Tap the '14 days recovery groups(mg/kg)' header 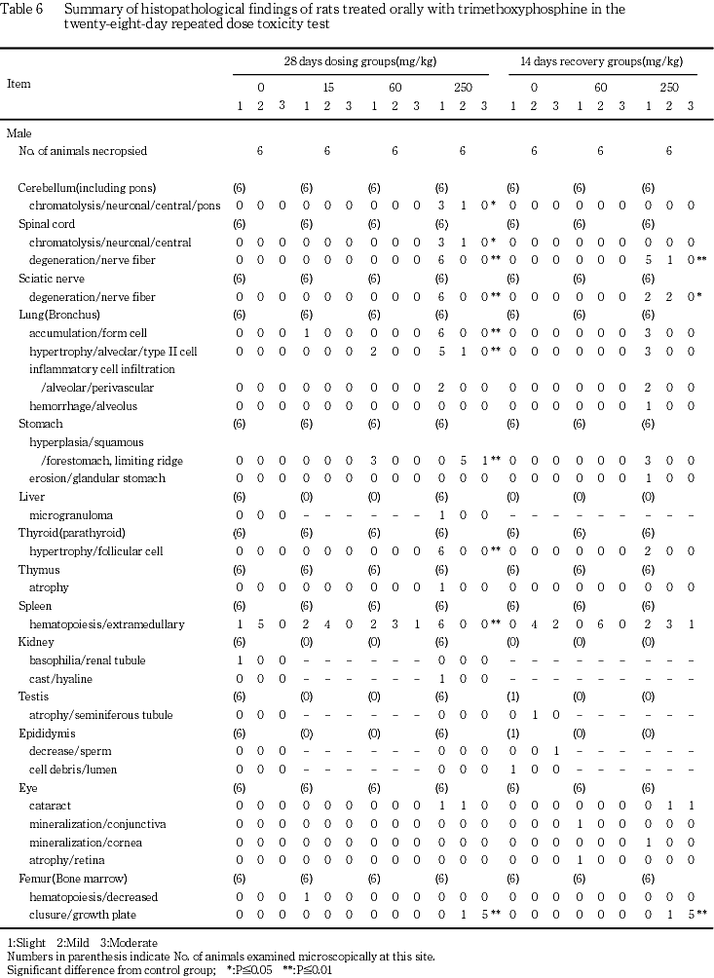click(601, 60)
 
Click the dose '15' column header click(327, 87)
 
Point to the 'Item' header click(19, 84)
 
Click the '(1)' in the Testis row click(513, 696)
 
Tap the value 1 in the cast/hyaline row click(441, 678)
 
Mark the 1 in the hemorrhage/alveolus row click(648, 405)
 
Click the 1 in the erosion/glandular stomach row click(648, 478)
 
